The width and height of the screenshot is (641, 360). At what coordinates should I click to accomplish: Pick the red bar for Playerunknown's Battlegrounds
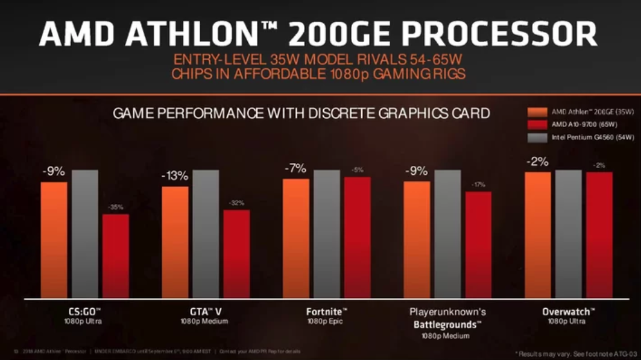click(478, 244)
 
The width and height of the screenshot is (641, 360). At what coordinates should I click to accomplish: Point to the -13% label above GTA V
click(174, 177)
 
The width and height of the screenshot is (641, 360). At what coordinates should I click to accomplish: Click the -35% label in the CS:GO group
click(115, 207)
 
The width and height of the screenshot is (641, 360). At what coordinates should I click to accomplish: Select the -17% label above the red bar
click(478, 185)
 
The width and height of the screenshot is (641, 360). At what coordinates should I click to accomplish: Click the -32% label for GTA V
click(236, 203)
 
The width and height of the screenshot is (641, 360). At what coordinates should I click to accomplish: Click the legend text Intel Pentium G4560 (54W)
click(593, 138)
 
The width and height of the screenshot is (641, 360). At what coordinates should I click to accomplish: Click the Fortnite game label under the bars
click(326, 312)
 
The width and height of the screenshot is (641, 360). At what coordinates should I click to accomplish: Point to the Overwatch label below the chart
click(568, 312)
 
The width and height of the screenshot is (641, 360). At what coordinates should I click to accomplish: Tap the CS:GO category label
click(83, 312)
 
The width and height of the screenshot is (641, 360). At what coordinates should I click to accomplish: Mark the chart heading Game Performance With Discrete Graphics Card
click(301, 113)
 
